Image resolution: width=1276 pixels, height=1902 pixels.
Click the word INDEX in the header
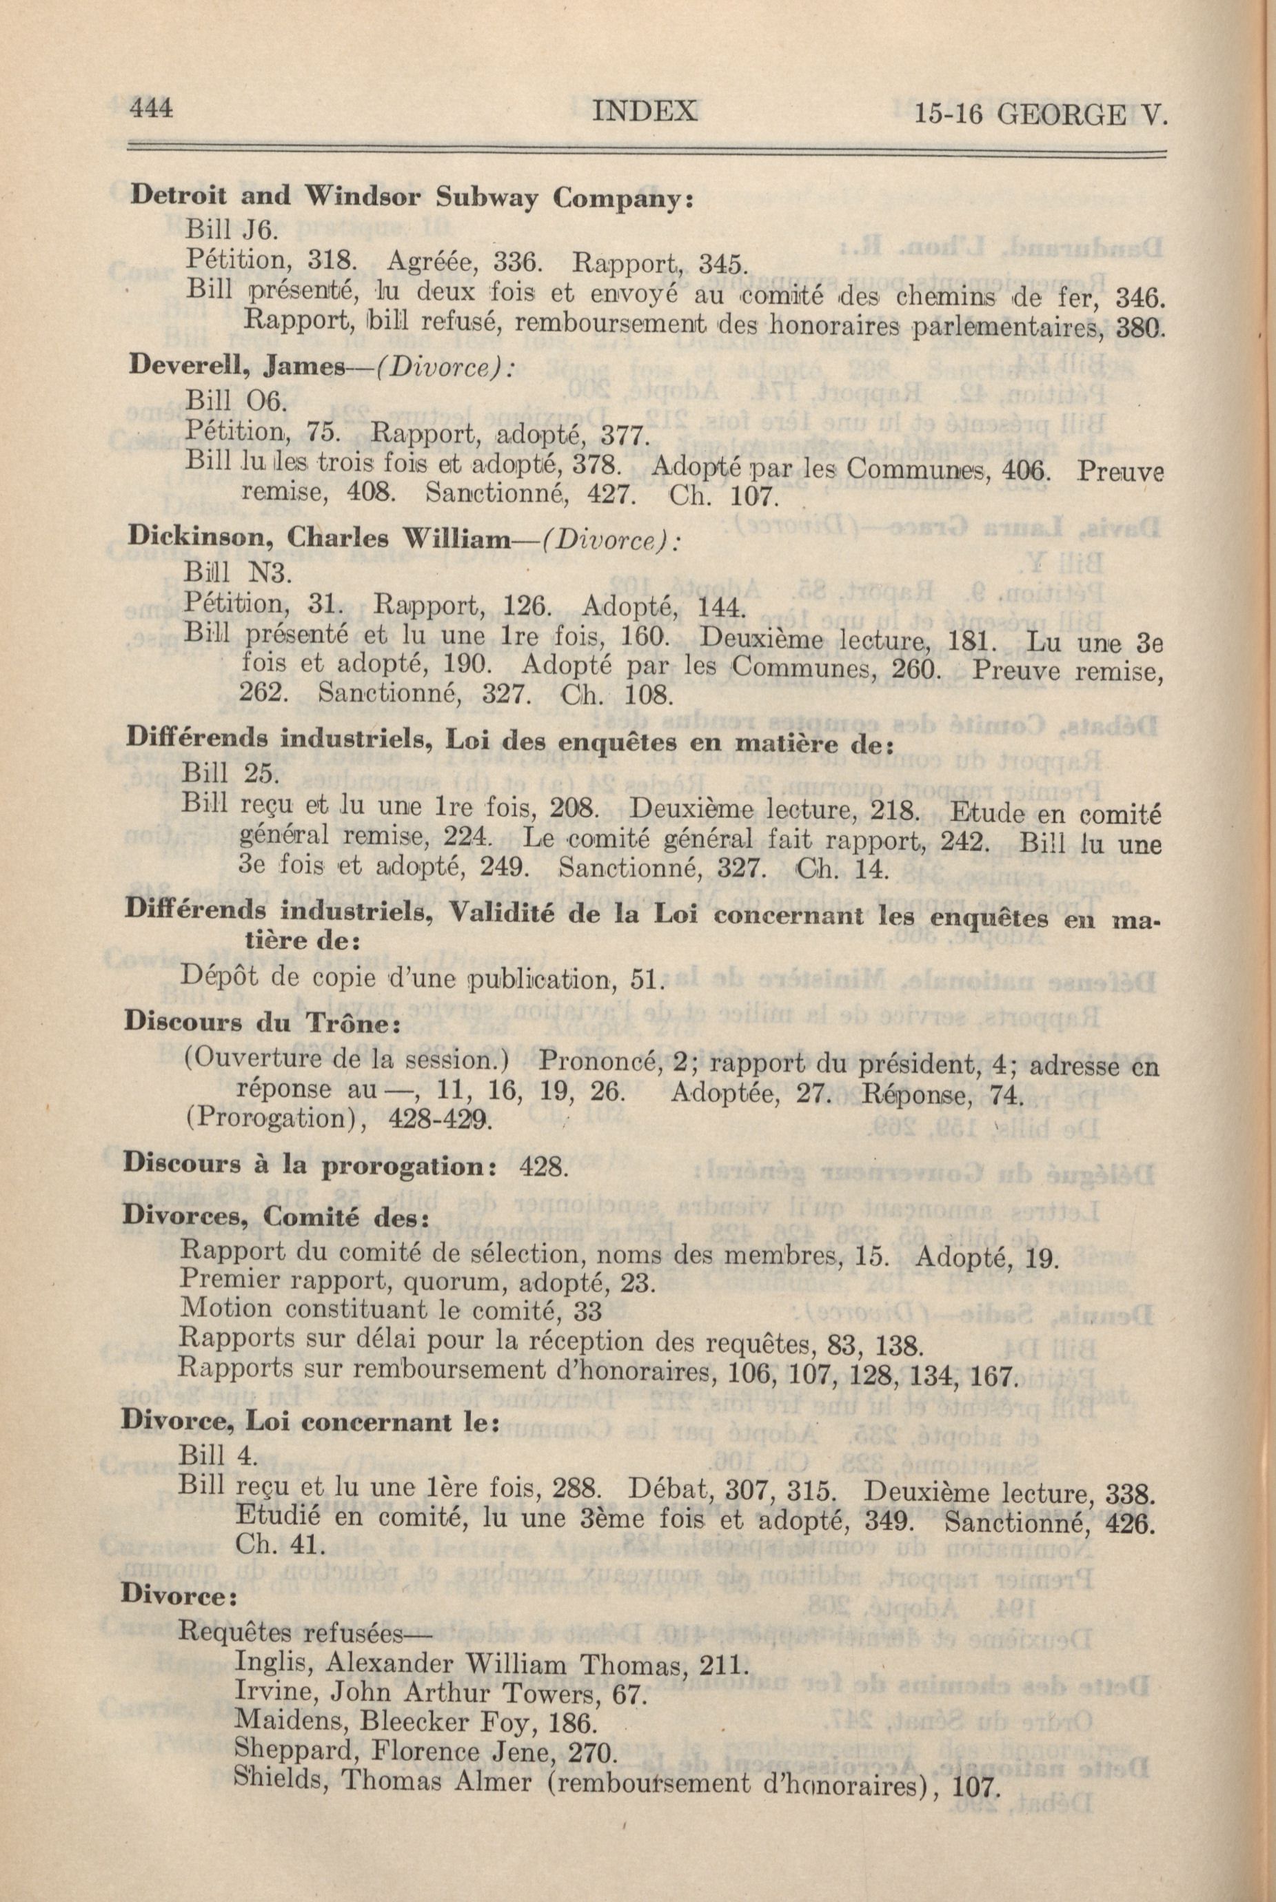pyautogui.click(x=645, y=112)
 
